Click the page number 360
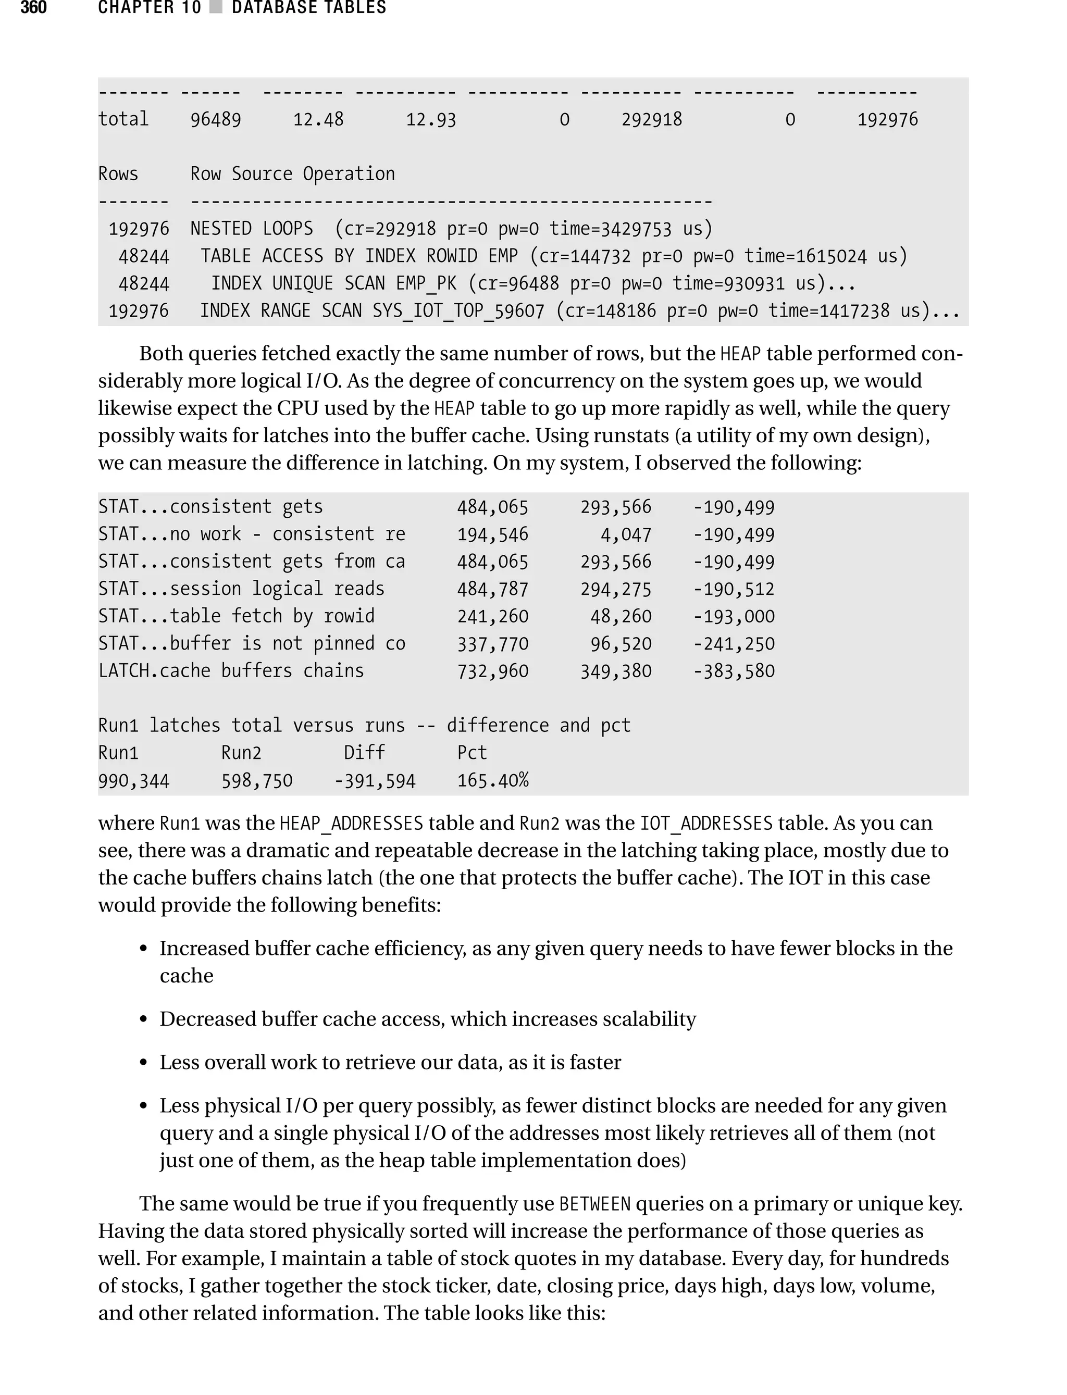pyautogui.click(x=34, y=8)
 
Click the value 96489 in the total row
pyautogui.click(x=215, y=119)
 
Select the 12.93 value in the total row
pyautogui.click(x=431, y=119)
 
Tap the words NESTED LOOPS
pyautogui.click(x=252, y=229)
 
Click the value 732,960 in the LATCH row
pyautogui.click(x=492, y=671)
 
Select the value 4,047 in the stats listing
pyautogui.click(x=626, y=534)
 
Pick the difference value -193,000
pyautogui.click(x=734, y=617)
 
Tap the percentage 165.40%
pyautogui.click(x=492, y=780)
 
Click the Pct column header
pyautogui.click(x=472, y=753)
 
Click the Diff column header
pyautogui.click(x=364, y=753)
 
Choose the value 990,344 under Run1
pyautogui.click(x=133, y=780)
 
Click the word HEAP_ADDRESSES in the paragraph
pyautogui.click(x=351, y=824)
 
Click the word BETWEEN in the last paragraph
pyautogui.click(x=594, y=1204)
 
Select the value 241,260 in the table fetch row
pyautogui.click(x=492, y=617)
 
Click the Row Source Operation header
pyautogui.click(x=292, y=174)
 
